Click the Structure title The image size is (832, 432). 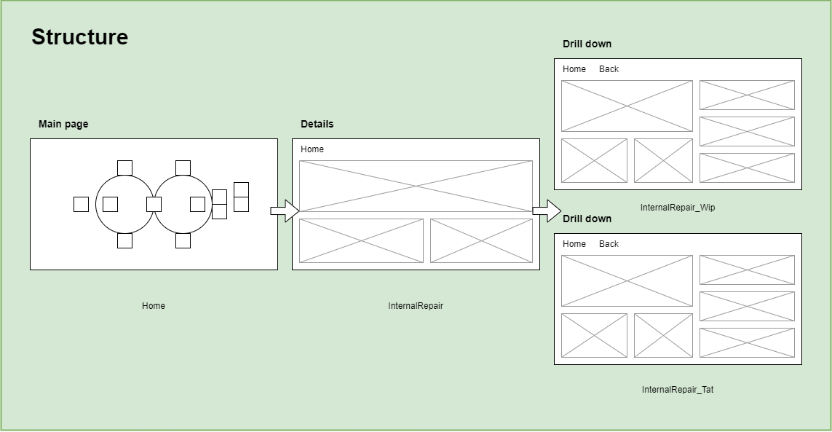(x=79, y=37)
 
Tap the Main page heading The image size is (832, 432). (x=63, y=124)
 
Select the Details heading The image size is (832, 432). (x=317, y=124)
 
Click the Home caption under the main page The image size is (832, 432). (x=154, y=306)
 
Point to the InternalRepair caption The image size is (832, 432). (x=416, y=306)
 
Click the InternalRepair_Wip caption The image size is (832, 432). (x=678, y=208)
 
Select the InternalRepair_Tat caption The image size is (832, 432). (x=678, y=390)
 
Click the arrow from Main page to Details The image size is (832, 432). (x=285, y=211)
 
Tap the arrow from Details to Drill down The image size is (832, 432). (x=547, y=211)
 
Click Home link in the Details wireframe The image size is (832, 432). (x=312, y=149)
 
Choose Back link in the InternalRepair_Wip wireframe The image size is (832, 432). (x=609, y=69)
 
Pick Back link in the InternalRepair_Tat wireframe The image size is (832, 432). (x=609, y=244)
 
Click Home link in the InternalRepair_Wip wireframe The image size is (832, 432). (x=574, y=69)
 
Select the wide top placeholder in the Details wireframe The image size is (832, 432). (x=416, y=186)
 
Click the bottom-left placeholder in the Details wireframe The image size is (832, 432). (x=361, y=240)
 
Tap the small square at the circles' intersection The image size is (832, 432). (x=154, y=204)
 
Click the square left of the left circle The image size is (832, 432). (x=81, y=204)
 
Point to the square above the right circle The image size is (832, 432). (x=183, y=168)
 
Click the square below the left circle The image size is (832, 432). (x=124, y=240)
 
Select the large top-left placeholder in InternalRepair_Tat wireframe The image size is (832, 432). (x=627, y=280)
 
